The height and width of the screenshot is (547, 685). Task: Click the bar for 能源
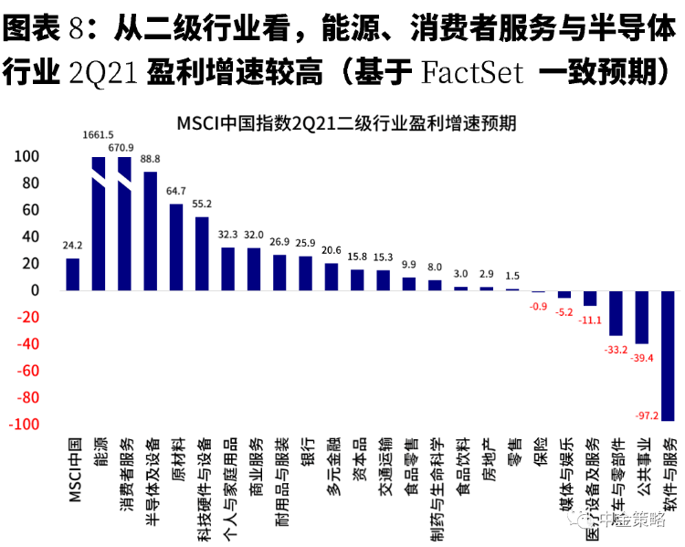(x=99, y=224)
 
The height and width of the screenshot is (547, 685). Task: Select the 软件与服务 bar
(x=669, y=355)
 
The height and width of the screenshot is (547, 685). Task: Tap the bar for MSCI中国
(x=73, y=274)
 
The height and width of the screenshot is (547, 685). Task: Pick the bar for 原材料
(x=176, y=247)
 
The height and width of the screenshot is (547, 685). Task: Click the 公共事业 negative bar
(x=642, y=317)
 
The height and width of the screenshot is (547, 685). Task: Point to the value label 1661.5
(x=98, y=133)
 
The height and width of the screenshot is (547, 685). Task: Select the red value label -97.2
(x=646, y=416)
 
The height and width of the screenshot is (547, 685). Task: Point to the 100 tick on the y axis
(x=29, y=157)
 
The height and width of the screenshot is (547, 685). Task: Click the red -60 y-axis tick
(x=29, y=371)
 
